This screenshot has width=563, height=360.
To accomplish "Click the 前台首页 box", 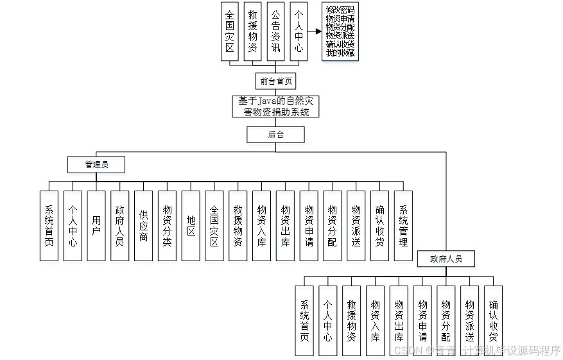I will (x=276, y=81).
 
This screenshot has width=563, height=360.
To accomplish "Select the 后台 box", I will (x=276, y=134).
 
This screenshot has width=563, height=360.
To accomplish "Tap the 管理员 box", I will (x=96, y=165).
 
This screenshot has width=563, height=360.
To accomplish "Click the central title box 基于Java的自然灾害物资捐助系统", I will (x=276, y=107).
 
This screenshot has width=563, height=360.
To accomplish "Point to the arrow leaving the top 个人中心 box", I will (x=315, y=31).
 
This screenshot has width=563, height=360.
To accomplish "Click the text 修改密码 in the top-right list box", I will (x=340, y=10).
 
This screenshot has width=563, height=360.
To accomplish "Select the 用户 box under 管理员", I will (x=96, y=226).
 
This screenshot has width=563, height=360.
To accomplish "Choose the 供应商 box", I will (x=144, y=226).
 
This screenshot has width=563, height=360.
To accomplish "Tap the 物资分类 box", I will (x=168, y=226).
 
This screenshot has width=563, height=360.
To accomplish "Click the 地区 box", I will (x=191, y=226).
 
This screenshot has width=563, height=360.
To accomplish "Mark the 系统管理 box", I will (x=403, y=226).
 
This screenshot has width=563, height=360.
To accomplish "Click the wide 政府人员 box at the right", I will (x=446, y=259).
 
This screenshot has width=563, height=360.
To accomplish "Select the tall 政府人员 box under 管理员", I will (x=120, y=226).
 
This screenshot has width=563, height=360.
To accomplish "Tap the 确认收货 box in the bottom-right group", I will (x=493, y=321).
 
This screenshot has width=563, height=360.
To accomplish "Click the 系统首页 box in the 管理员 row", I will (x=49, y=226).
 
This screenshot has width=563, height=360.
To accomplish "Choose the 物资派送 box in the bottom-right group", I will (x=470, y=321).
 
